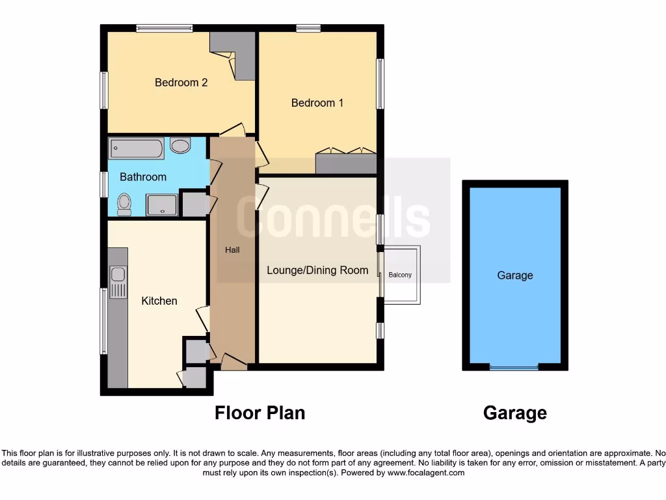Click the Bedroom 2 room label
(181, 83)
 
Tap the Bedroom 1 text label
(317, 103)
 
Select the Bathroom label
(143, 176)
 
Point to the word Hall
(233, 250)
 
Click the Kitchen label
(159, 301)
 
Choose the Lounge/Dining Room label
(317, 270)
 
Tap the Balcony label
(400, 275)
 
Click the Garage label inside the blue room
(514, 275)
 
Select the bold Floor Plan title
(260, 413)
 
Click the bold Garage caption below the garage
(514, 413)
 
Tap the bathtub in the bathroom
(135, 148)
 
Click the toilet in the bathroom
(124, 204)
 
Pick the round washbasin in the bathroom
(180, 145)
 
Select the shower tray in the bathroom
(161, 205)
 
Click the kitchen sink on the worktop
(118, 283)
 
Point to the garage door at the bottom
(514, 367)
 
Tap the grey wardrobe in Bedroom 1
(346, 163)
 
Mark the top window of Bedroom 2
(164, 28)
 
